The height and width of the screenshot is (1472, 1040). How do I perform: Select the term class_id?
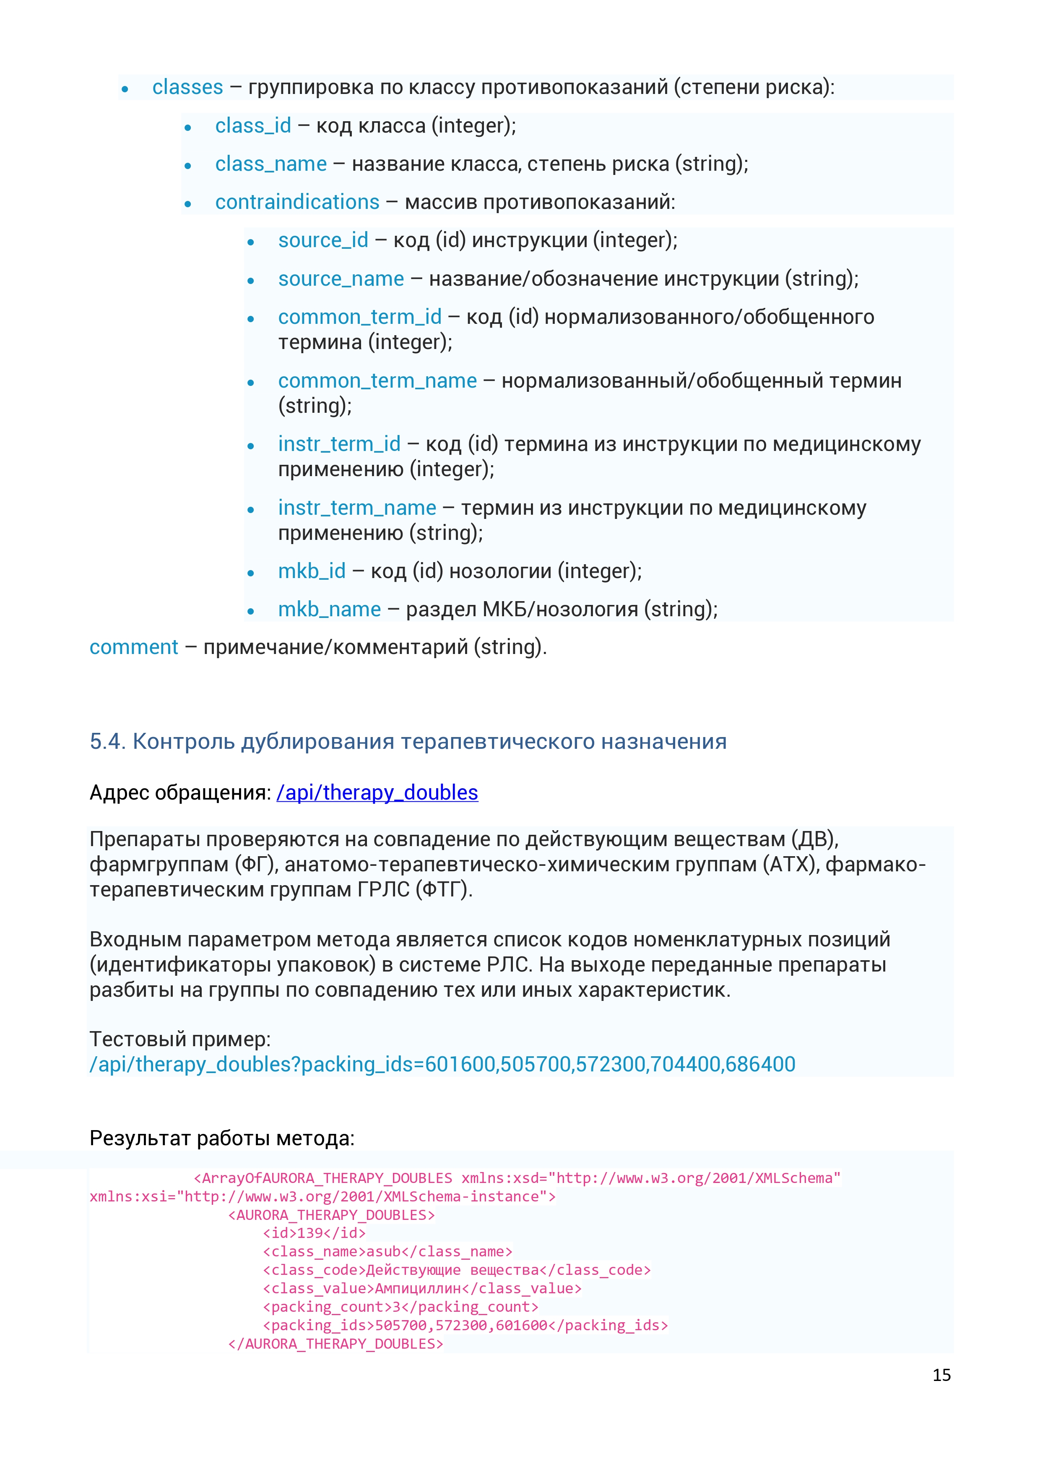pyautogui.click(x=253, y=126)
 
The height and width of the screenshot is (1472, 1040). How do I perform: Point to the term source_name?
pyautogui.click(x=341, y=279)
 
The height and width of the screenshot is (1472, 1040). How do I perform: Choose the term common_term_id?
pyautogui.click(x=359, y=317)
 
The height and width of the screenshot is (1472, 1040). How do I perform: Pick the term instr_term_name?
pyautogui.click(x=357, y=508)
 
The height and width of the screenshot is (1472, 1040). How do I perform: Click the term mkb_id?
pyautogui.click(x=312, y=571)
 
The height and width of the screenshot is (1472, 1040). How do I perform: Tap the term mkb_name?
pyautogui.click(x=329, y=609)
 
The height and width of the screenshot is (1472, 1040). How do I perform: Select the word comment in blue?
pyautogui.click(x=134, y=647)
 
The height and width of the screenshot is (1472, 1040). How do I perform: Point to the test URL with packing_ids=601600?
pyautogui.click(x=442, y=1064)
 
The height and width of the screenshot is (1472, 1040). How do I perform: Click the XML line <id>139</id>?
pyautogui.click(x=314, y=1233)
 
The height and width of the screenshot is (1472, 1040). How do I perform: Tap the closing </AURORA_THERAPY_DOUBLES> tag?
pyautogui.click(x=335, y=1343)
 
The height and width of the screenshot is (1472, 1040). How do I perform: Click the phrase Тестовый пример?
pyautogui.click(x=180, y=1039)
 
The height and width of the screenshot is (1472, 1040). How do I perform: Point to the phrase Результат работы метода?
pyautogui.click(x=222, y=1138)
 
